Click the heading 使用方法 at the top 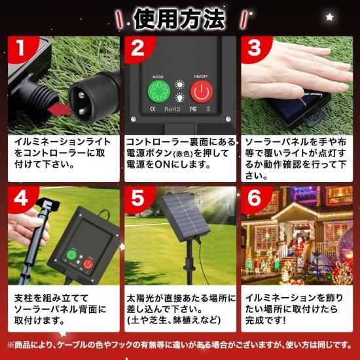pos(179,19)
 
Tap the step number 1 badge pos(21,48)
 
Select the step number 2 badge pos(137,48)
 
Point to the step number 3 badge pos(255,48)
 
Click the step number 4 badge pos(21,198)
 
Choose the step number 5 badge pos(137,198)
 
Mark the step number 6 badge pos(255,198)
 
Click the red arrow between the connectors pos(60,109)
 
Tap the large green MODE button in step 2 pos(158,92)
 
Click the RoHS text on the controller pos(172,109)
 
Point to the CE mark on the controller pos(153,109)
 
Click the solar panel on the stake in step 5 pos(185,217)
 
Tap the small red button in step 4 pos(88,264)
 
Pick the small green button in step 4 pos(71,255)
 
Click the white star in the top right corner pos(330,17)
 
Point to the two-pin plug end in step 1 pos(93,98)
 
